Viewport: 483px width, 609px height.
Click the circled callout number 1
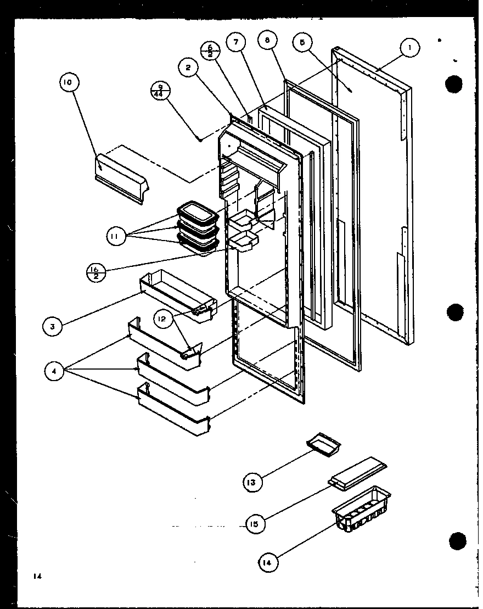click(x=409, y=48)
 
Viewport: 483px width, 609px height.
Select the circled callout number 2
click(x=188, y=68)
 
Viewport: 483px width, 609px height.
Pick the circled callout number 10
click(x=69, y=83)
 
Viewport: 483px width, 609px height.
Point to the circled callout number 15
click(x=254, y=523)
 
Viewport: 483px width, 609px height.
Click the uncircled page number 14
click(x=37, y=576)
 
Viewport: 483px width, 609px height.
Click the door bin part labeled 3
click(x=178, y=294)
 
